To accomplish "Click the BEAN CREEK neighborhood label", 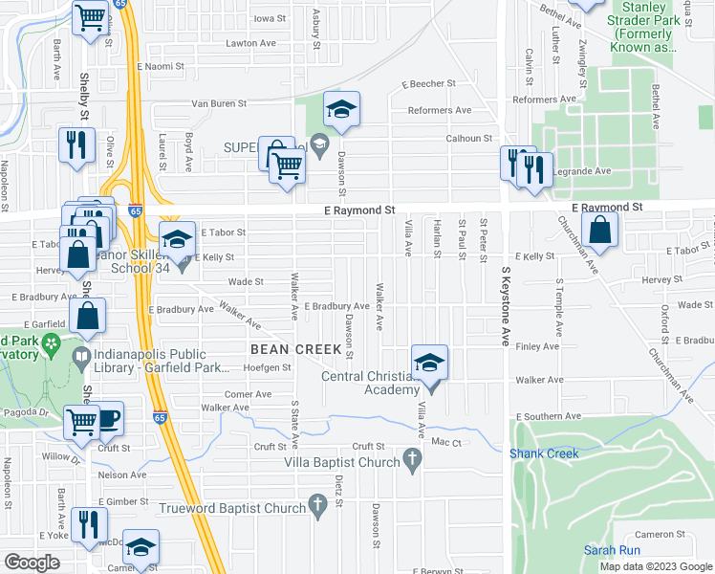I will click(x=295, y=349).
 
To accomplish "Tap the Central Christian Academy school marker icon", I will click(x=430, y=363).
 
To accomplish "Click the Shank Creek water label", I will click(x=544, y=453).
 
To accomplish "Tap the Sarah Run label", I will click(x=612, y=550).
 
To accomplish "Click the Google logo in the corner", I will click(x=32, y=562).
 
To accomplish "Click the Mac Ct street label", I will click(x=446, y=442).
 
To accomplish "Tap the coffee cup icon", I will click(x=107, y=418).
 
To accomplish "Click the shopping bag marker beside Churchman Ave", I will click(x=599, y=231).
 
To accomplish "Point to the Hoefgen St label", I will click(x=267, y=367).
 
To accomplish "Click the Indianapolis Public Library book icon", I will click(x=82, y=360).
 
